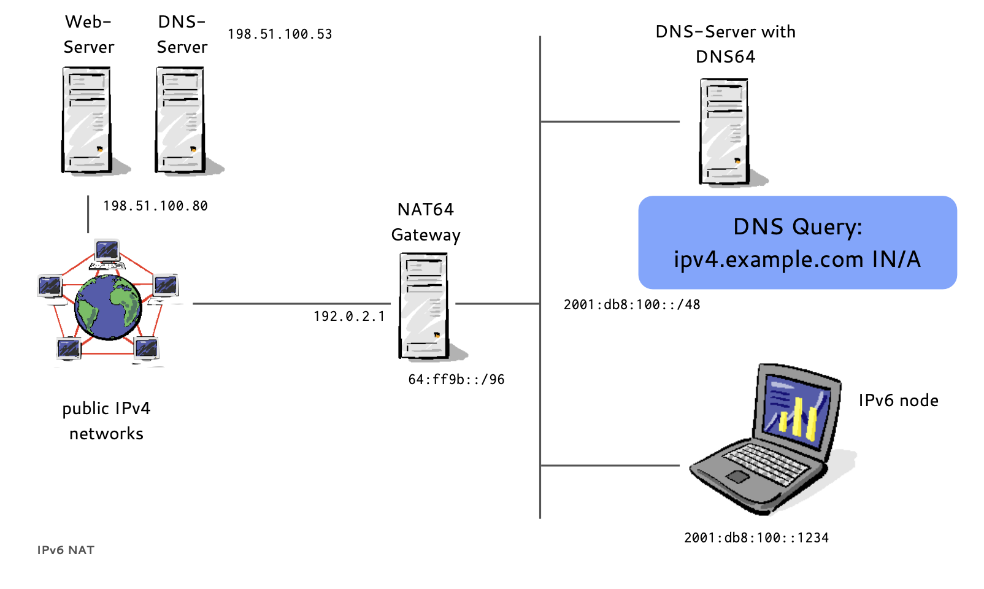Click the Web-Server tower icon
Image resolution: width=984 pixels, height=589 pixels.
pos(86,120)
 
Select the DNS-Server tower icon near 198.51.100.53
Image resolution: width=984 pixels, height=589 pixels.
pos(180,120)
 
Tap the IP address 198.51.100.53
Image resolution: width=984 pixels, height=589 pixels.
pos(280,34)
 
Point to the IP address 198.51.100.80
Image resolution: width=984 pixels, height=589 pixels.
pos(155,206)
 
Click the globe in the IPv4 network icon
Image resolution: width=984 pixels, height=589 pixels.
pos(108,307)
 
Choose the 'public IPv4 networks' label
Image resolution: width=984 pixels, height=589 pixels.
pos(106,421)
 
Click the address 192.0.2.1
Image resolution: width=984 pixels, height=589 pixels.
pos(349,317)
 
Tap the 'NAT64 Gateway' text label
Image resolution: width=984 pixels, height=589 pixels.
pos(426,222)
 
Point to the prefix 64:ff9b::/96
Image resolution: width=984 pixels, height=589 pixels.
pos(456,380)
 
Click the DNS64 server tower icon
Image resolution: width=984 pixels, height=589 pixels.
pos(725,131)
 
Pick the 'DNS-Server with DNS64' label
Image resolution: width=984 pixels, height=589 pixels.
pos(725,44)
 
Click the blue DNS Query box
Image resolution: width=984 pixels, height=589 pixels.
pos(798,243)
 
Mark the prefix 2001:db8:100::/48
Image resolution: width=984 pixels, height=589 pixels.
pos(632,305)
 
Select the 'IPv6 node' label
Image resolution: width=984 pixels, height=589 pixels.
pos(898,401)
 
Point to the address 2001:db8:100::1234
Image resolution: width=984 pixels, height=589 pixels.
pos(756,538)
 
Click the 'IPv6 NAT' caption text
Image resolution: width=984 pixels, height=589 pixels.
pos(66,550)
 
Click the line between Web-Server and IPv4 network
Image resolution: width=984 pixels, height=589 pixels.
pos(88,214)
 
